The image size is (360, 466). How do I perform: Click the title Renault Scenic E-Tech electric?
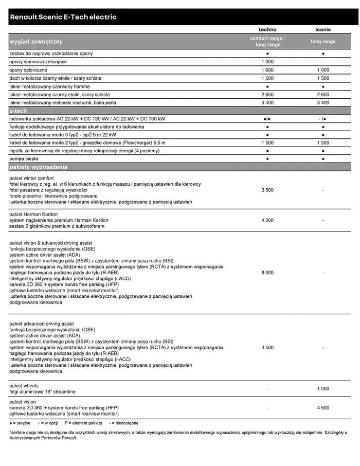point(63,17)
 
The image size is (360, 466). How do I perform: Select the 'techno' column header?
point(267,30)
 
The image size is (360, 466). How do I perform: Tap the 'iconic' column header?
point(322,30)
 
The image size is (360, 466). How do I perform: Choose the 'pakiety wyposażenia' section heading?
point(39,167)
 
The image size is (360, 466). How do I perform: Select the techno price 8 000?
point(267,273)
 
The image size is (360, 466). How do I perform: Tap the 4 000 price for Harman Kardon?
point(267,220)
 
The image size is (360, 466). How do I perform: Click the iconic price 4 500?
point(322,408)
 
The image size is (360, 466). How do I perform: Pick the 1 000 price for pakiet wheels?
point(322,389)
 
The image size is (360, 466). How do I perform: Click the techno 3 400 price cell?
point(267,103)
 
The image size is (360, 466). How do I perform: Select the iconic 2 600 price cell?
point(322,95)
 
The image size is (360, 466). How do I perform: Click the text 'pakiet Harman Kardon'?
point(33,214)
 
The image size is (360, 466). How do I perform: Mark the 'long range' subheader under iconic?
point(322,42)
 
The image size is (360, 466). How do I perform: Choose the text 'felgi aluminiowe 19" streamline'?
point(42,392)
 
